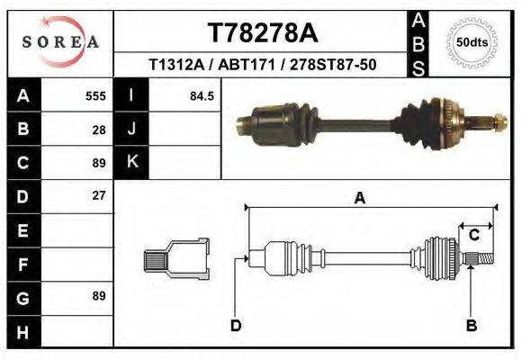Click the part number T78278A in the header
(263, 33)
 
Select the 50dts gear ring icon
(472, 42)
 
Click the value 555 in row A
(95, 95)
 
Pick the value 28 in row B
(99, 129)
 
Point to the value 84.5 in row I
(201, 95)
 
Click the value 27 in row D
(99, 195)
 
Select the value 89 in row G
(99, 295)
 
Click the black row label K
(131, 162)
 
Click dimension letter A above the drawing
(359, 199)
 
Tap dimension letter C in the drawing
(473, 236)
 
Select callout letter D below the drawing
(236, 325)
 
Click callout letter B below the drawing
(470, 325)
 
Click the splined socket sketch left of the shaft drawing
(175, 260)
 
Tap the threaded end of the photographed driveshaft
(497, 118)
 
